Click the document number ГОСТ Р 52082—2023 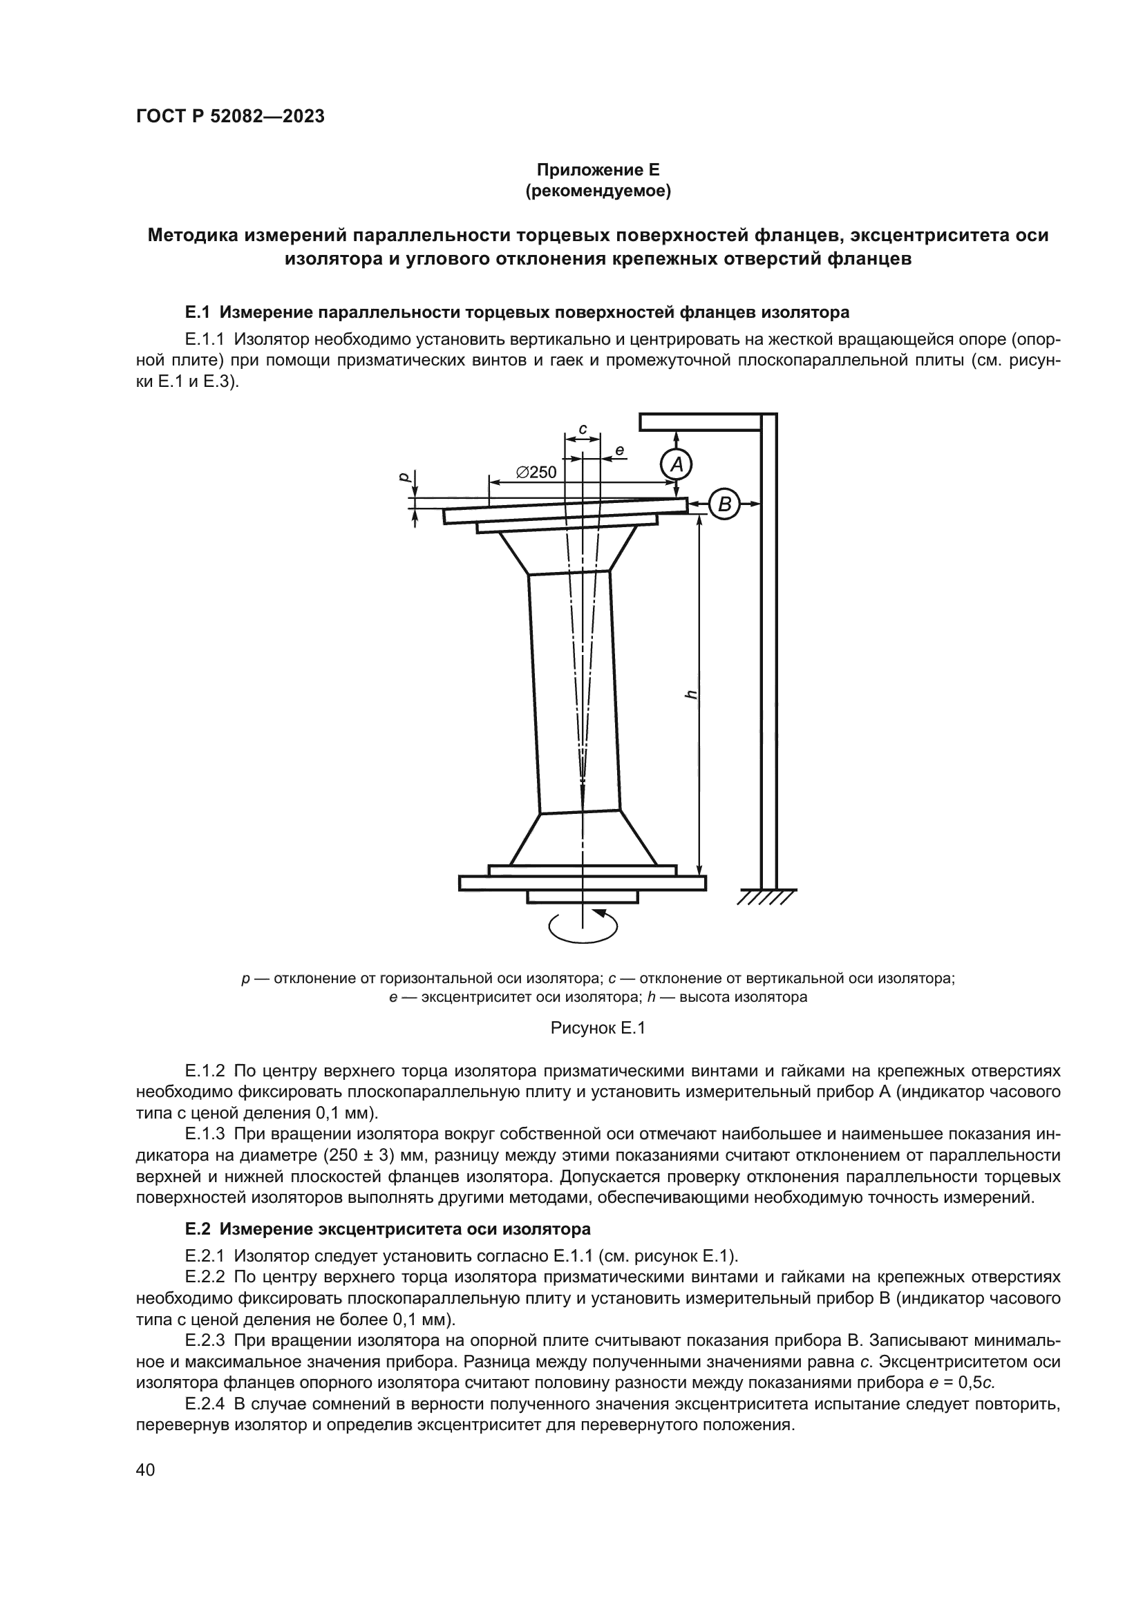pyautogui.click(x=229, y=117)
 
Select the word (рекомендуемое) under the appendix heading pyautogui.click(x=598, y=191)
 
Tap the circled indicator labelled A pyautogui.click(x=677, y=464)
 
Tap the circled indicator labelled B pyautogui.click(x=725, y=504)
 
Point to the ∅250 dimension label pyautogui.click(x=536, y=473)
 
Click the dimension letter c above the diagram pyautogui.click(x=583, y=428)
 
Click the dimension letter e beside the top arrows pyautogui.click(x=619, y=450)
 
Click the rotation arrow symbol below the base pyautogui.click(x=583, y=926)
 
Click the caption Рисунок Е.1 pyautogui.click(x=598, y=1029)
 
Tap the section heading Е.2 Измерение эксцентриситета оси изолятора pyautogui.click(x=388, y=1230)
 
